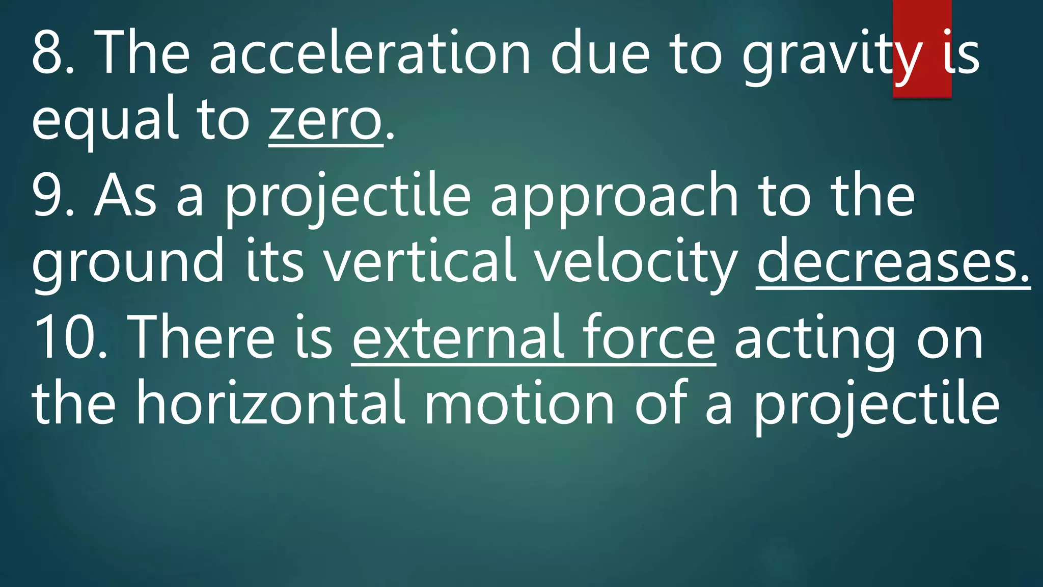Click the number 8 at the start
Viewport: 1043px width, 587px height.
coord(47,53)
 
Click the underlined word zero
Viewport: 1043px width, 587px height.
coord(325,120)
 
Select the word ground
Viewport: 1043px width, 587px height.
coord(128,263)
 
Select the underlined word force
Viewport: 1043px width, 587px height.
coord(649,338)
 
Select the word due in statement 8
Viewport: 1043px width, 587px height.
coord(600,53)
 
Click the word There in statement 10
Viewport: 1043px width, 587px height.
coord(201,338)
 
